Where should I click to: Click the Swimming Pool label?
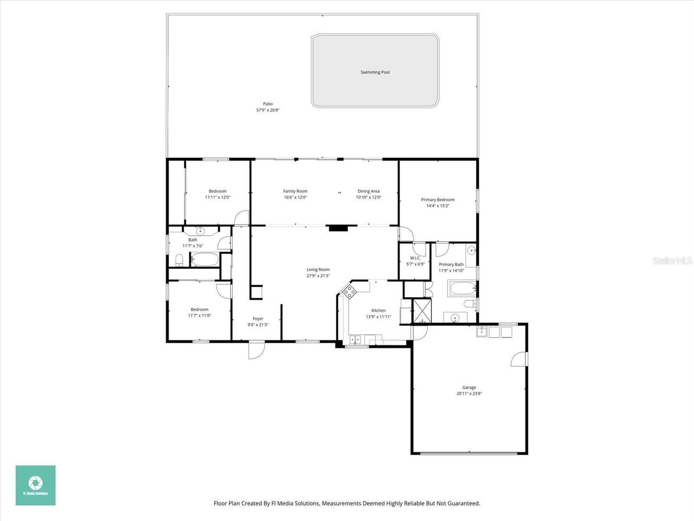pos(375,72)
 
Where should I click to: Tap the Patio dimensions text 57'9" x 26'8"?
pos(268,110)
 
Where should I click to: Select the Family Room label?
pos(295,191)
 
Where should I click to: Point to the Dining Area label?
pos(368,191)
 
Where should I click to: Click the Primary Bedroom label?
pos(438,200)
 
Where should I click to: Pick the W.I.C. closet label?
pos(415,258)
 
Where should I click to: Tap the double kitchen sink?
pos(356,340)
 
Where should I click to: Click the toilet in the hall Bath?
pos(179,259)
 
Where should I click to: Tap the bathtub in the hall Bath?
pos(205,259)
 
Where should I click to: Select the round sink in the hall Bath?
pos(200,231)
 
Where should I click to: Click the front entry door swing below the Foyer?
pos(256,351)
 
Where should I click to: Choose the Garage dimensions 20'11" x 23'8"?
pos(469,393)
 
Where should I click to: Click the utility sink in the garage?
pos(482,331)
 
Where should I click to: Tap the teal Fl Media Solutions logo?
pos(35,485)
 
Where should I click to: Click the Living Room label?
pos(318,270)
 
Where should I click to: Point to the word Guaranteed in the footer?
pos(462,504)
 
